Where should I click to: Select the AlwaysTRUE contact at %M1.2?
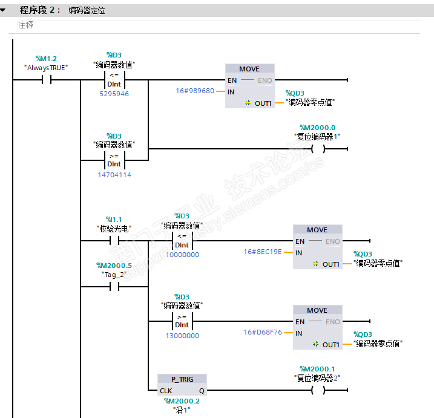point(46,80)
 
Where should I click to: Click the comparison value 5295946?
point(114,94)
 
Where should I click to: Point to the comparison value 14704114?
point(114,175)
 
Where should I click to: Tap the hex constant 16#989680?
point(195,91)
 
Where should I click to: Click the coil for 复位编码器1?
point(318,149)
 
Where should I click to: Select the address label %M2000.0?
point(318,127)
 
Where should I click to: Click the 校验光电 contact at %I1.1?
point(114,241)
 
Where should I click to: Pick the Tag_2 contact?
point(114,287)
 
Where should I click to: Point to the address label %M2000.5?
point(114,266)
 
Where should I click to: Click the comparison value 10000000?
point(182,255)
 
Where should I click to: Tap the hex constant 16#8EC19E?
point(263,252)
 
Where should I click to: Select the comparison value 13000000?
point(182,336)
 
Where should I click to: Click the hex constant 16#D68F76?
point(263,332)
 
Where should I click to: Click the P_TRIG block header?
point(182,379)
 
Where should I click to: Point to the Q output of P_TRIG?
point(202,391)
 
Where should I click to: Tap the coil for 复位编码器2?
point(318,390)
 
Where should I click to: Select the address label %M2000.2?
point(182,400)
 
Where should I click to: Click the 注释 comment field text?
point(25,25)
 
